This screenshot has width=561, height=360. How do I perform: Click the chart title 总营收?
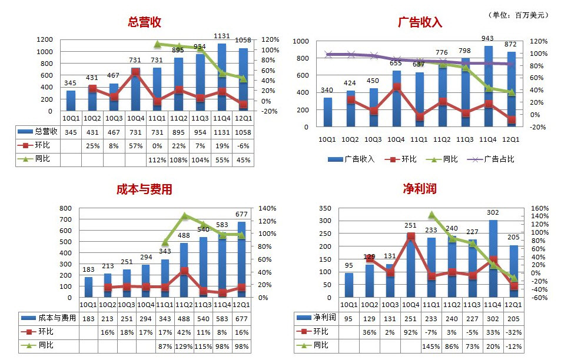coord(144,22)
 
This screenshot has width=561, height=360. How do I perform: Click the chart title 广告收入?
coord(420,23)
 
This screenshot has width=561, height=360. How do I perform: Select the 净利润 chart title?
coord(420,189)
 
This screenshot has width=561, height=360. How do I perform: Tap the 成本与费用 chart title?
coord(144,189)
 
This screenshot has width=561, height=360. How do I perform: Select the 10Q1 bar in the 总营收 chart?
coord(71,101)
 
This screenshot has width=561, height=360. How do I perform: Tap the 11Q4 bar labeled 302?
coord(493,259)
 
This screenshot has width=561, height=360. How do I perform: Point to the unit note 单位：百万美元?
coord(519,15)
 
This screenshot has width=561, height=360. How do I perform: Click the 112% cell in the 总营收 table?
coord(157,159)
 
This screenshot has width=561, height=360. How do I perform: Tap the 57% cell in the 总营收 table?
coord(135,145)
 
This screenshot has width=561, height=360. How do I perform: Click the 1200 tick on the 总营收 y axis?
coord(45,39)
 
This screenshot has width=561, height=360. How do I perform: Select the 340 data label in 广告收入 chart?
coord(328,90)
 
